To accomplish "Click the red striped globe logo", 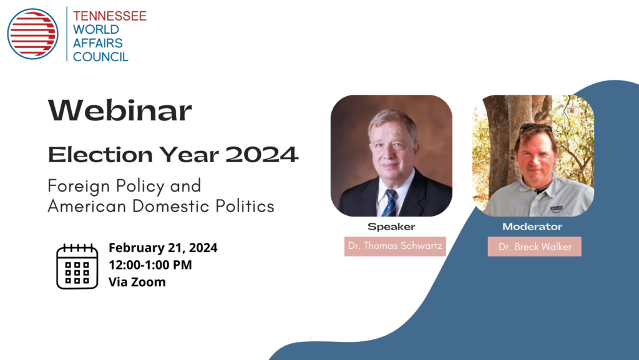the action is click(32, 34).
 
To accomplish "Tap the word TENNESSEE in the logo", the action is click(110, 16).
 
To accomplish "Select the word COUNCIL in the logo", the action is click(100, 57).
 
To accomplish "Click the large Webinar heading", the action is click(120, 110).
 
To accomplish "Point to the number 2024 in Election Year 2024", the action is click(261, 155).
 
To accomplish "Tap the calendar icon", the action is click(77, 266).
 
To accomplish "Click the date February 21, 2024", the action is click(163, 248).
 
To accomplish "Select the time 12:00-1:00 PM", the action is click(150, 265).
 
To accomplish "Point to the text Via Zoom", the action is click(137, 282).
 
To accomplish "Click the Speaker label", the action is click(391, 227).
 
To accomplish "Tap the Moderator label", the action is click(532, 226).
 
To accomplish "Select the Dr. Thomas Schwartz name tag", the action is click(395, 246).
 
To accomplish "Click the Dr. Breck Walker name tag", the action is click(535, 247).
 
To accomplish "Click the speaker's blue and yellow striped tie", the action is click(390, 203).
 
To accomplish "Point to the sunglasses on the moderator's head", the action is click(536, 128).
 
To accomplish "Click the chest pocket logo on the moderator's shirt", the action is click(557, 209).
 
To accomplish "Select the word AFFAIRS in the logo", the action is click(98, 43).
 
